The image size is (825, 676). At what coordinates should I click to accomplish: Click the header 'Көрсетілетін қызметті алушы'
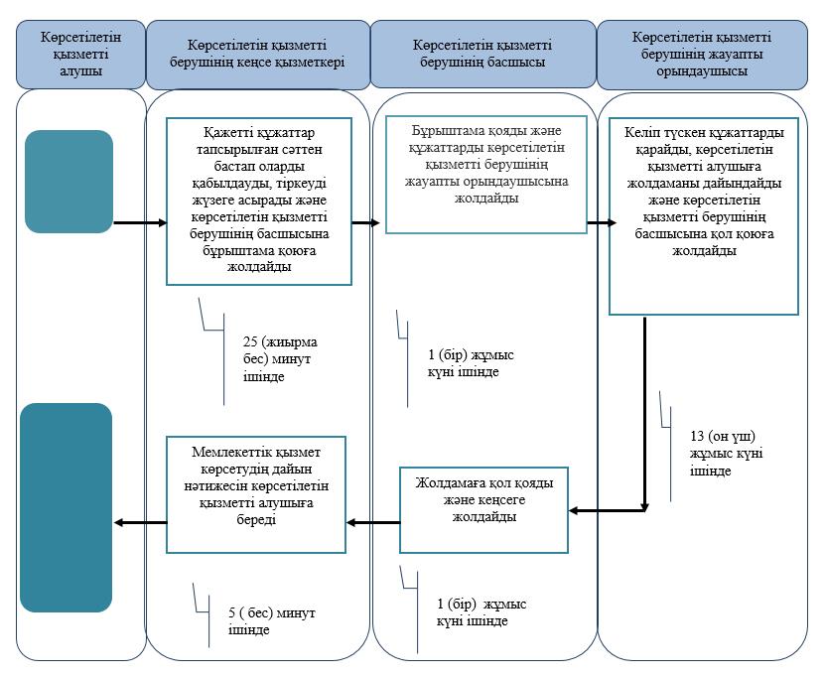pos(80,55)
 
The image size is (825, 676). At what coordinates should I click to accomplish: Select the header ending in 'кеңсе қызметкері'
pos(258,55)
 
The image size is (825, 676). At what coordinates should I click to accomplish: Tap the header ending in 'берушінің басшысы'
pos(483,54)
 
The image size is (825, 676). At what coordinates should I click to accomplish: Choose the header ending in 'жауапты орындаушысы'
pos(702,55)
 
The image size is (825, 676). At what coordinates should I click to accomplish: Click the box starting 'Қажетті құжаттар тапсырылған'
pos(259,202)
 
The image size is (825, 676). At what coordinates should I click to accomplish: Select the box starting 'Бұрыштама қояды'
pos(486,174)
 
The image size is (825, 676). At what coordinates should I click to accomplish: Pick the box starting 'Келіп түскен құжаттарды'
pos(704,216)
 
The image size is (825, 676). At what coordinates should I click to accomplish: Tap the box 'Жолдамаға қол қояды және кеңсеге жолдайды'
pos(484,510)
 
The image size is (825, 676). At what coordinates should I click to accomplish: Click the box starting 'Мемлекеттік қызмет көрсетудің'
pos(256,494)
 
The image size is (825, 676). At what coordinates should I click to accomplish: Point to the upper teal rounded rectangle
pos(69,182)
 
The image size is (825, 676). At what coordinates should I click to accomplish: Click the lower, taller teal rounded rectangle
pos(67,507)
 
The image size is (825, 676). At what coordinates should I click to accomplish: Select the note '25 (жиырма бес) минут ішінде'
pos(280,359)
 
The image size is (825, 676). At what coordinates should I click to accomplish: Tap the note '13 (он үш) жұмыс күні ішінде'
pos(726,453)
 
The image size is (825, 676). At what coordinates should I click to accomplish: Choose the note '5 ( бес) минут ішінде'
pos(271,621)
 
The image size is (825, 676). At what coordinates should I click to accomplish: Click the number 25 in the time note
pos(250,341)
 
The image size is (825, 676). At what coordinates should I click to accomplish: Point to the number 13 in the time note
pos(697,436)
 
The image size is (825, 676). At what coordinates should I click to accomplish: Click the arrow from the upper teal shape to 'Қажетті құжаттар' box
pos(140,223)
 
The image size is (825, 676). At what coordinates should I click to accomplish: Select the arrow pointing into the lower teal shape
pos(141,522)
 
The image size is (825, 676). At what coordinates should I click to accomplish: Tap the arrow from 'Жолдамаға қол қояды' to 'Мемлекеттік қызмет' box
pos(373,522)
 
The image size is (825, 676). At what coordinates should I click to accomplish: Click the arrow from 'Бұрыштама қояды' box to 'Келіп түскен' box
pos(602,223)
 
